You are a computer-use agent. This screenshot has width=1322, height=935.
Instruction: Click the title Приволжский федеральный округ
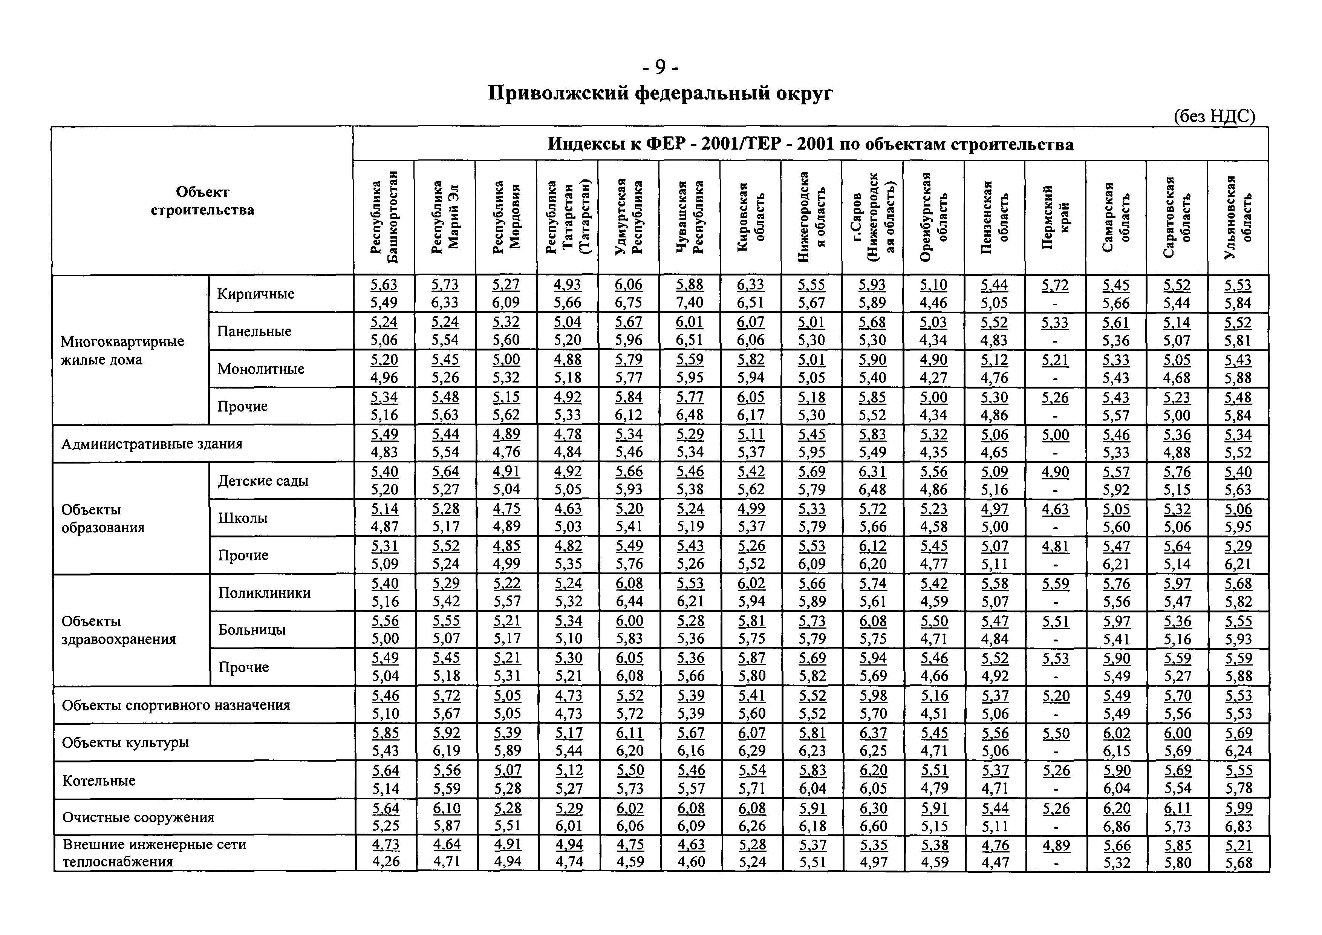[660, 93]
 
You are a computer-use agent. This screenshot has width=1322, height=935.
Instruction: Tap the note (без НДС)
[1214, 116]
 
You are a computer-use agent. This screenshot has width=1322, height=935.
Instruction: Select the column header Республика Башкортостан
[384, 217]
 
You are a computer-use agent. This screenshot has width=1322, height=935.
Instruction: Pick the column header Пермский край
[1055, 217]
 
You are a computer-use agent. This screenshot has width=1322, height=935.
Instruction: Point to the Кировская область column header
[750, 217]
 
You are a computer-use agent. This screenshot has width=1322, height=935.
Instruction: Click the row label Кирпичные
[255, 294]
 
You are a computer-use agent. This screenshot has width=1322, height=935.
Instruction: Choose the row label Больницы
[252, 629]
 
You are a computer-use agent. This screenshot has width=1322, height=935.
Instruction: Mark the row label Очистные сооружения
[138, 817]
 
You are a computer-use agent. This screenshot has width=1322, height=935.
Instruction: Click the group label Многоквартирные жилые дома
[122, 350]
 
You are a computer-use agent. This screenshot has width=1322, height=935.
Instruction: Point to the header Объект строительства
[202, 200]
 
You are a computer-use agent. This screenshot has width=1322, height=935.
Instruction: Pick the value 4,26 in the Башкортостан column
[385, 862]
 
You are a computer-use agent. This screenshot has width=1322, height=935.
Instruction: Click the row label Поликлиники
[264, 592]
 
